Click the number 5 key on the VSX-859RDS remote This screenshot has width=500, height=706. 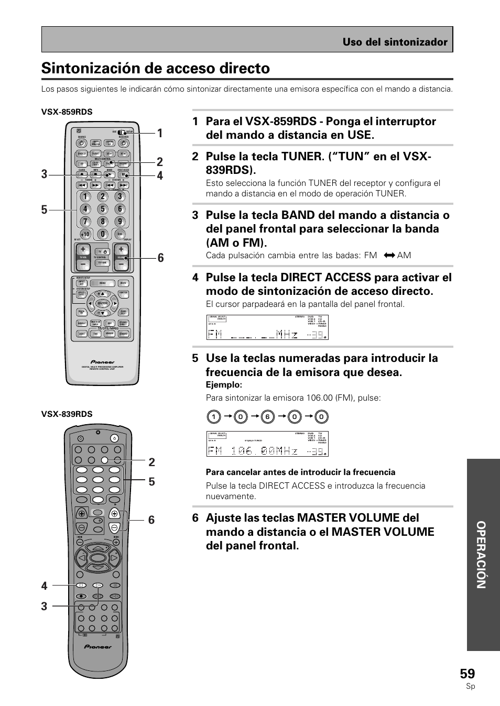(x=102, y=209)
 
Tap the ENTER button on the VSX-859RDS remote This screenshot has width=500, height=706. (x=102, y=303)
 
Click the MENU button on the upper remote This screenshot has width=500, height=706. (x=102, y=283)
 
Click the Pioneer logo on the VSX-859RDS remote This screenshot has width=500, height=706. (x=102, y=361)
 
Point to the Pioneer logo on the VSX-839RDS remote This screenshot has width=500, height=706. (x=98, y=647)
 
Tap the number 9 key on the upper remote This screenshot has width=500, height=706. (x=119, y=222)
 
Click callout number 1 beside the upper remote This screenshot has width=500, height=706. (x=160, y=133)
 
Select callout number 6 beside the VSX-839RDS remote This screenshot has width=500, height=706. (x=151, y=520)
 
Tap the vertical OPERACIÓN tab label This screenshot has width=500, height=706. (x=482, y=555)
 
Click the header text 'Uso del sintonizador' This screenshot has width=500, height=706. (x=395, y=42)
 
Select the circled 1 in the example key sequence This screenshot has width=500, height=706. (x=213, y=417)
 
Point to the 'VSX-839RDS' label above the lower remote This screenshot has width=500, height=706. (x=67, y=414)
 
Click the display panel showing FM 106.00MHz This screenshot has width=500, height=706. (x=267, y=444)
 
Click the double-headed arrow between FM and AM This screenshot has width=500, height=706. (x=388, y=256)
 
